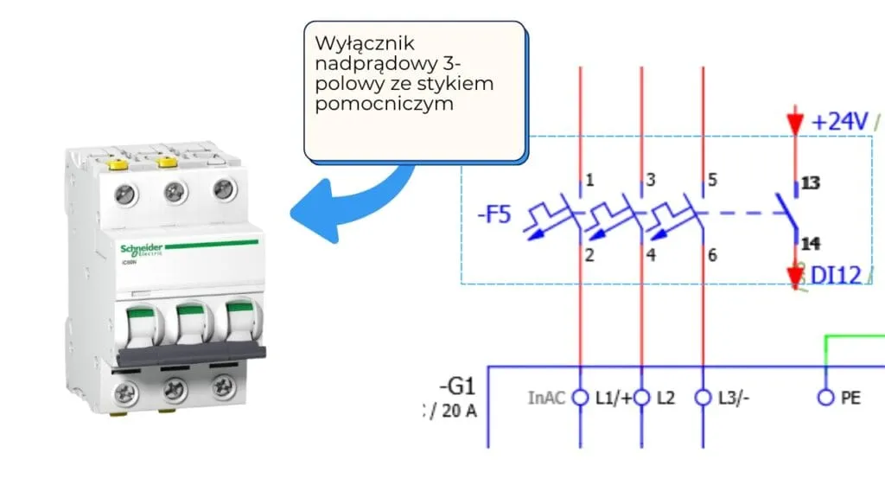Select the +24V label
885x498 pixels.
(x=839, y=122)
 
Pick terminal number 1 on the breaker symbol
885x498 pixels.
(x=589, y=181)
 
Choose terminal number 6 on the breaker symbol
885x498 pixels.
(x=712, y=255)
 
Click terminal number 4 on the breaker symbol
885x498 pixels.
(x=651, y=255)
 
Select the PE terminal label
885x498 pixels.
(x=850, y=399)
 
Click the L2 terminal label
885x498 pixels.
(x=665, y=399)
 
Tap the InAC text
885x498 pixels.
(x=546, y=399)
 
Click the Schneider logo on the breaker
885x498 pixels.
(x=140, y=246)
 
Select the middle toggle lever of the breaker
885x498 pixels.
(x=190, y=325)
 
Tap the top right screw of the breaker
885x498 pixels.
(x=225, y=188)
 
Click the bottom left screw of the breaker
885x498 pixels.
(x=126, y=394)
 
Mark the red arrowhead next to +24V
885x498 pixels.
(x=795, y=124)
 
